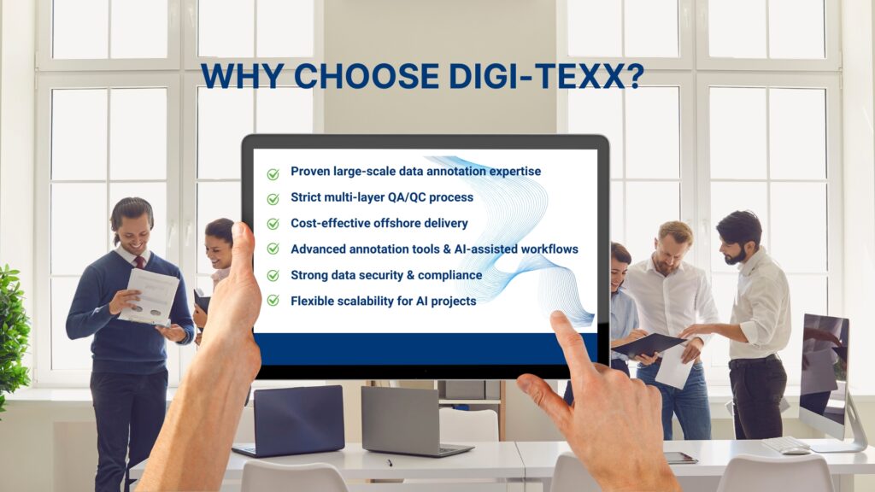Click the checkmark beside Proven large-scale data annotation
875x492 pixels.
point(273,174)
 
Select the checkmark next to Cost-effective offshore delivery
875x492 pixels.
point(273,224)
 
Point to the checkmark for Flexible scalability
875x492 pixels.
point(273,301)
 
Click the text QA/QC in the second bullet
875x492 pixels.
point(406,197)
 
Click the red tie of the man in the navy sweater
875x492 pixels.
point(139,263)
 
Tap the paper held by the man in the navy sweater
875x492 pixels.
point(149,296)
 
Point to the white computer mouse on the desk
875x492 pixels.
point(796,450)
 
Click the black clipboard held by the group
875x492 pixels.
point(648,345)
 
